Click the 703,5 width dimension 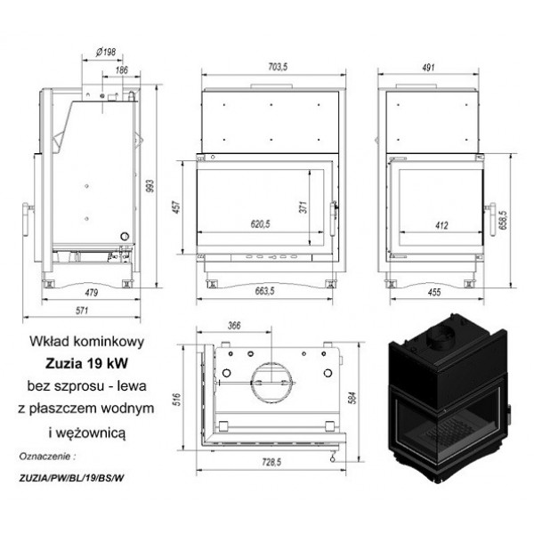point(278,67)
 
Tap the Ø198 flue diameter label point(106,52)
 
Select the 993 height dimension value point(150,186)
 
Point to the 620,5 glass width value point(260,224)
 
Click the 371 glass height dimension point(303,207)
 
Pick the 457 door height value point(177,207)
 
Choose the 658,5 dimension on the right point(504,220)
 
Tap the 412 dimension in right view point(441,225)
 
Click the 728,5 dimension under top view point(271,462)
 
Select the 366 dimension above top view point(234,326)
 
